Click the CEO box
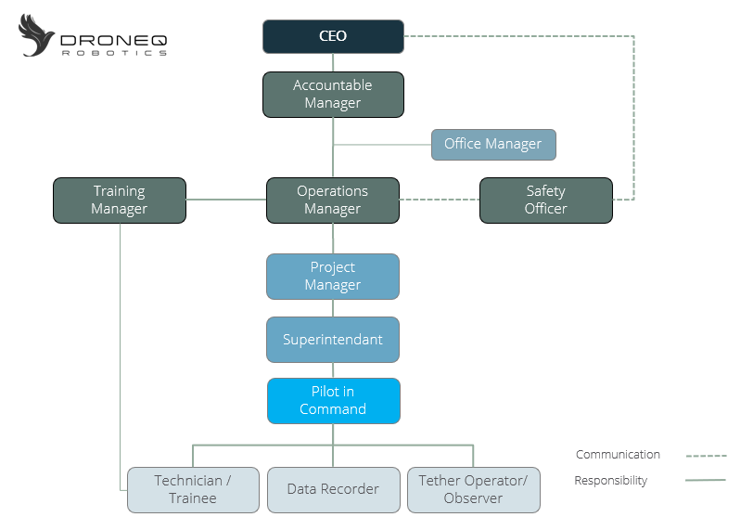333,36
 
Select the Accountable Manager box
333,95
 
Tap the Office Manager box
493,145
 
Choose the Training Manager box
120,200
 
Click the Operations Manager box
333,200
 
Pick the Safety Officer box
546,200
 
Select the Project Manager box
333,277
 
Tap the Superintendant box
333,339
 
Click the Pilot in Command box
334,401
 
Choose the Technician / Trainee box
193,490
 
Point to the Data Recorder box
334,490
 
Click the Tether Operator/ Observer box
474,490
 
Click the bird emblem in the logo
36,36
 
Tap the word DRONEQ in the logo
114,40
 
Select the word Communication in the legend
618,455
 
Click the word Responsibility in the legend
611,481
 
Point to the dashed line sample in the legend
706,456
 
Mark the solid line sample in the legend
706,480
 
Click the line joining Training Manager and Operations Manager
226,200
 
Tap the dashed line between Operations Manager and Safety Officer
440,200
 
